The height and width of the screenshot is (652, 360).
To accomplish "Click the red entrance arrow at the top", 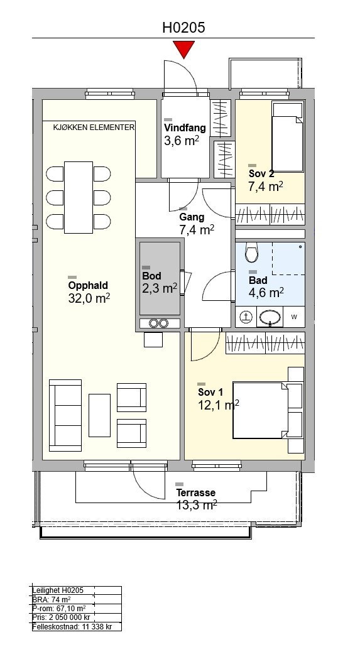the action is tap(183, 50).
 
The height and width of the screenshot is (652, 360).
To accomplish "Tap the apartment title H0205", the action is tap(183, 28).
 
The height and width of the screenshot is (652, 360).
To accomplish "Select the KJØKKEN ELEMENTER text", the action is tap(94, 128).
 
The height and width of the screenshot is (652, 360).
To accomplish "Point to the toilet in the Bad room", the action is tap(251, 252).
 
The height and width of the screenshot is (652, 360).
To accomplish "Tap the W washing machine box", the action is tap(294, 317).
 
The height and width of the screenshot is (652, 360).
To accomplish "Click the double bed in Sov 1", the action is tap(260, 410).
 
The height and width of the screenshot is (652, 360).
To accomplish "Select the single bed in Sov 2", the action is tap(287, 137).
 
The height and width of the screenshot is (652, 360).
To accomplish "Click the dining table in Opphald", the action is tap(79, 197).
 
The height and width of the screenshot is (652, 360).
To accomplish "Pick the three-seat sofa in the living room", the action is tap(65, 415).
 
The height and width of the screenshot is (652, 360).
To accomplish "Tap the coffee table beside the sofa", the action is tap(100, 415).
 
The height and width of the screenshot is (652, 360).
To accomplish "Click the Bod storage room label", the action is tap(152, 276).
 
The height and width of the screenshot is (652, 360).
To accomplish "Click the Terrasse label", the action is tap(196, 492).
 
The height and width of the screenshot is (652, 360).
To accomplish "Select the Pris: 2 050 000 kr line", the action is tap(61, 617).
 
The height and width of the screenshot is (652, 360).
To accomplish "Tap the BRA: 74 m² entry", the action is tap(51, 599).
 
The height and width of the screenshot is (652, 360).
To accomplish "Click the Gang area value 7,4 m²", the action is tap(197, 229).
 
